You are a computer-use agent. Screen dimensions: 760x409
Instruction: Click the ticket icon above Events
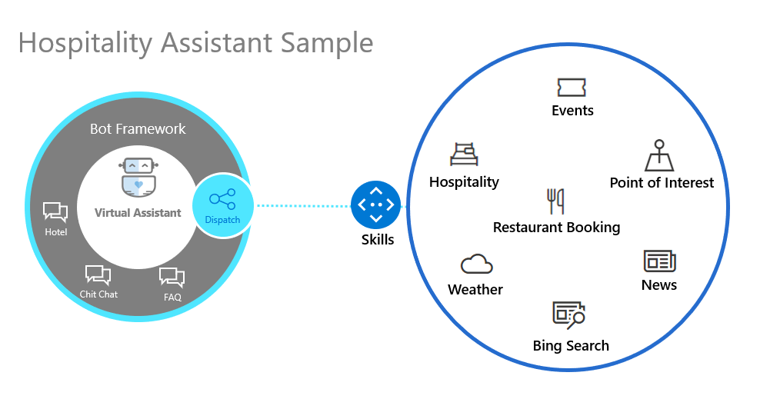(x=572, y=87)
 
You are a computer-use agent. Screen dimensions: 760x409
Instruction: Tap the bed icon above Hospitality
(x=464, y=154)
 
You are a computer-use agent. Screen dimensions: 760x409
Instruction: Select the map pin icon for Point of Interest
(x=659, y=155)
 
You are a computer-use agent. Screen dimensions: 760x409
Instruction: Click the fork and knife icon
(x=555, y=201)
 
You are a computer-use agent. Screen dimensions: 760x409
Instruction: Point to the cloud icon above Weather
(x=476, y=264)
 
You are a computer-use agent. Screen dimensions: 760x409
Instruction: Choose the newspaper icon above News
(x=660, y=261)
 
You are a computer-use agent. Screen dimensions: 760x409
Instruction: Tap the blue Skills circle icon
(x=376, y=205)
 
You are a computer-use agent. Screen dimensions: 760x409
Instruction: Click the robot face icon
(x=138, y=177)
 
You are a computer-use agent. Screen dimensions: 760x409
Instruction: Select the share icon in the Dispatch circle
(x=222, y=199)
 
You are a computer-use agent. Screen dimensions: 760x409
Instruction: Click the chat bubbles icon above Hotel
(x=55, y=212)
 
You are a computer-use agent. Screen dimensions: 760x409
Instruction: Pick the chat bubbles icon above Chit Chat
(x=98, y=275)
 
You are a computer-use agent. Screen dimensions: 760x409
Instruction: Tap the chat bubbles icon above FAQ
(x=172, y=278)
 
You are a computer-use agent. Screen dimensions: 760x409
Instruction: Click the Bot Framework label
(x=138, y=129)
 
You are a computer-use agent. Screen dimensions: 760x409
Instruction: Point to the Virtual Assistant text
(x=138, y=213)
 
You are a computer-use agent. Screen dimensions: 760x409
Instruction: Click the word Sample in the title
(x=327, y=44)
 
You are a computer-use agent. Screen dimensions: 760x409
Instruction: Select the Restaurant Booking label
(x=556, y=228)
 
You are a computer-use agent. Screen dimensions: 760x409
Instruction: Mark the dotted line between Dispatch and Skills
(x=304, y=206)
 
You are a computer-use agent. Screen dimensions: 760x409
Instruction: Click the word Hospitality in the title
(x=85, y=44)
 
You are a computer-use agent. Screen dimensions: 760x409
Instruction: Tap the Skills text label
(x=378, y=239)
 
